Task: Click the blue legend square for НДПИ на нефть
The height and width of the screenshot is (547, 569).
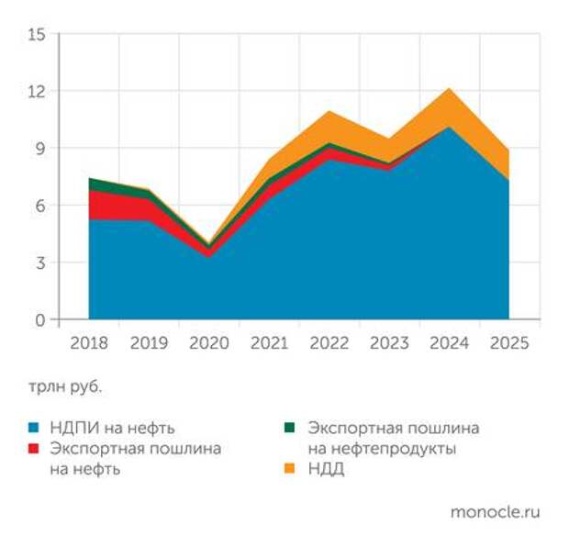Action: (34, 428)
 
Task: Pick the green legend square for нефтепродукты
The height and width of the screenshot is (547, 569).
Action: (290, 428)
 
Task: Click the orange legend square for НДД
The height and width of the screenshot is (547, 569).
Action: (290, 470)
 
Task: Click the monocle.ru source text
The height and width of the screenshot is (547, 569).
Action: (495, 512)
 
